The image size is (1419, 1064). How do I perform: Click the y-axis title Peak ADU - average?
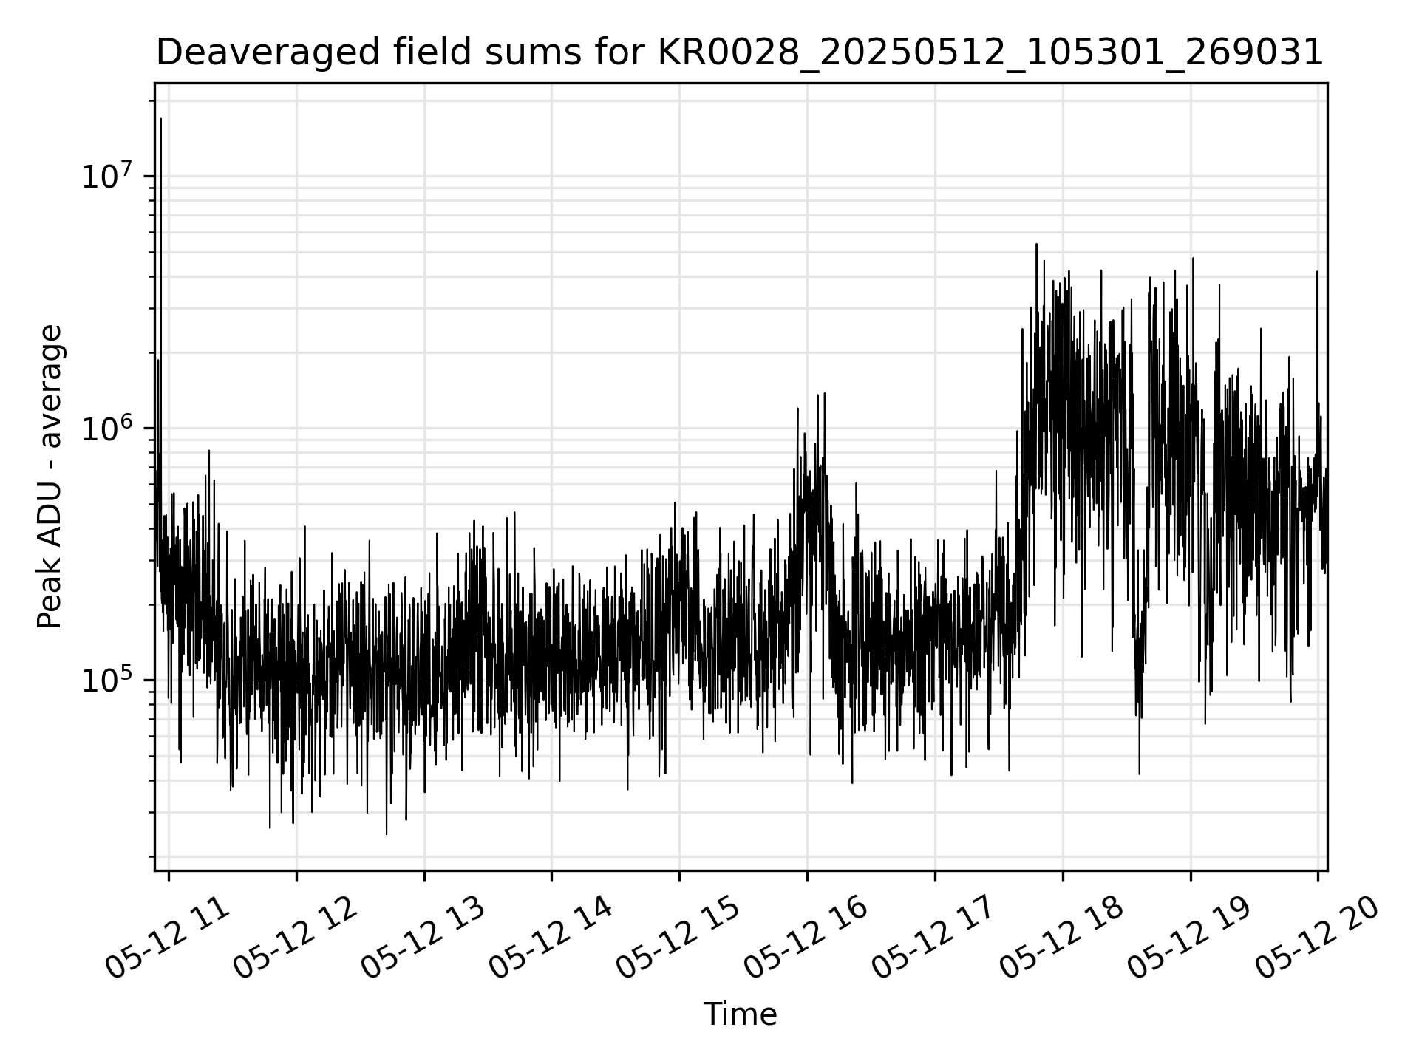[x=50, y=477]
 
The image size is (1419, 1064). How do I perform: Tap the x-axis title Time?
[x=740, y=1014]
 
